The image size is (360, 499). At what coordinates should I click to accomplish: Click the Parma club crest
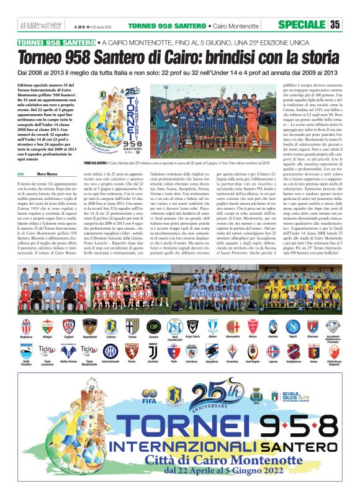(x=132, y=326)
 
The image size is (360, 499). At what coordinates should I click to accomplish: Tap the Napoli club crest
(x=292, y=326)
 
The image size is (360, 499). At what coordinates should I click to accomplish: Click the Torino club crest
(x=131, y=352)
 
